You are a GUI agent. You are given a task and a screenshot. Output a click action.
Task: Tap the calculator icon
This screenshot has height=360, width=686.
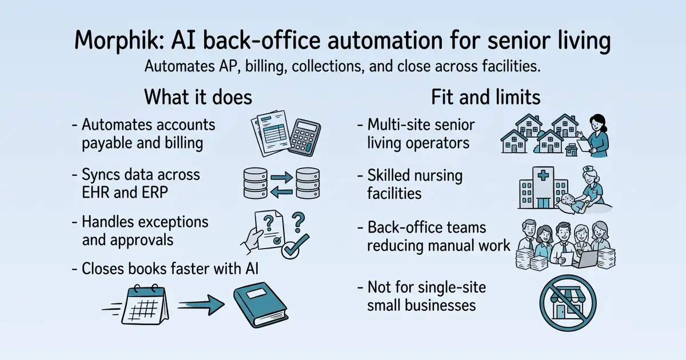304,137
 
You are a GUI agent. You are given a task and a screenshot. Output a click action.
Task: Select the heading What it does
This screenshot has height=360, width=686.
198,97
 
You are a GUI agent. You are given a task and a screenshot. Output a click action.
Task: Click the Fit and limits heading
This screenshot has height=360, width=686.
486,97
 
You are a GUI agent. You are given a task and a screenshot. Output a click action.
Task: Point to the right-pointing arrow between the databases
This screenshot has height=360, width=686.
282,177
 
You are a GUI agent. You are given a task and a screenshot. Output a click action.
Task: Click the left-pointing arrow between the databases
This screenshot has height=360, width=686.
281,192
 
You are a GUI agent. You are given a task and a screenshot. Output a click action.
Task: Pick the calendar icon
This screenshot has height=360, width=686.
145,305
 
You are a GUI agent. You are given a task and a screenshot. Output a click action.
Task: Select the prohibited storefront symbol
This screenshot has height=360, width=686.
568,303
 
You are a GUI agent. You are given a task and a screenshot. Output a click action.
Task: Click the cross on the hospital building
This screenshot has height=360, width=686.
543,175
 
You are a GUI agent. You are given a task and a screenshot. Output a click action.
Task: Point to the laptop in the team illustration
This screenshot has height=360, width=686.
585,259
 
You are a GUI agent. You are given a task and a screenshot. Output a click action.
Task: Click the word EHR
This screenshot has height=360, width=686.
95,193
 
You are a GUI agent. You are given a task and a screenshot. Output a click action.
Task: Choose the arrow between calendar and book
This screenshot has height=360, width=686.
201,305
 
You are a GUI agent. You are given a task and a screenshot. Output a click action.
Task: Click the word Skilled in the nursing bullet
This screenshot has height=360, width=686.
389,175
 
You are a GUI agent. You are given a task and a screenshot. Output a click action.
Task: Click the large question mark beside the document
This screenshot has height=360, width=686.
298,222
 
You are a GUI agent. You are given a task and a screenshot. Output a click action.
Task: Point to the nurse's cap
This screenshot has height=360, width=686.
588,169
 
